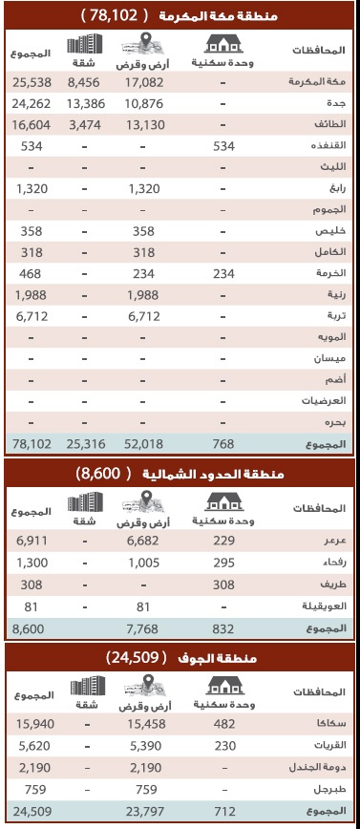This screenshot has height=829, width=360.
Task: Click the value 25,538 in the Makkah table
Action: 31,83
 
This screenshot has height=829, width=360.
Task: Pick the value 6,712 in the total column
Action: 31,316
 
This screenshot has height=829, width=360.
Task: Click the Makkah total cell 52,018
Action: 142,442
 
